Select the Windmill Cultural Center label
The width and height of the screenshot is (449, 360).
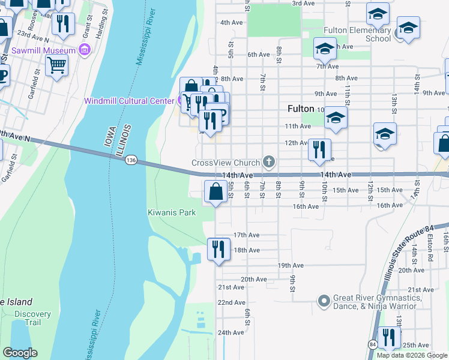[128, 100]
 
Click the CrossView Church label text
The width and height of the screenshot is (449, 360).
[225, 163]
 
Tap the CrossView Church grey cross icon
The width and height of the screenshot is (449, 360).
[270, 162]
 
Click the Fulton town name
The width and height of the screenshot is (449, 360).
[301, 109]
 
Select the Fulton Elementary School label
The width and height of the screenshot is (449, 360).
[357, 34]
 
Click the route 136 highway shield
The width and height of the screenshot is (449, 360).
[131, 160]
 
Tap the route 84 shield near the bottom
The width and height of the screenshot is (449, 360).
[373, 344]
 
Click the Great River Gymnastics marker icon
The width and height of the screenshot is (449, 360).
[324, 300]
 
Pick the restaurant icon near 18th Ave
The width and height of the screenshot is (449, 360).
[218, 248]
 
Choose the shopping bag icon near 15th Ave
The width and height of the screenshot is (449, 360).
[215, 192]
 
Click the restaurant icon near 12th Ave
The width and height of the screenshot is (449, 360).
[319, 149]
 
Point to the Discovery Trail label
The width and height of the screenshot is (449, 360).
[32, 318]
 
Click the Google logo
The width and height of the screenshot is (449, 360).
[20, 353]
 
